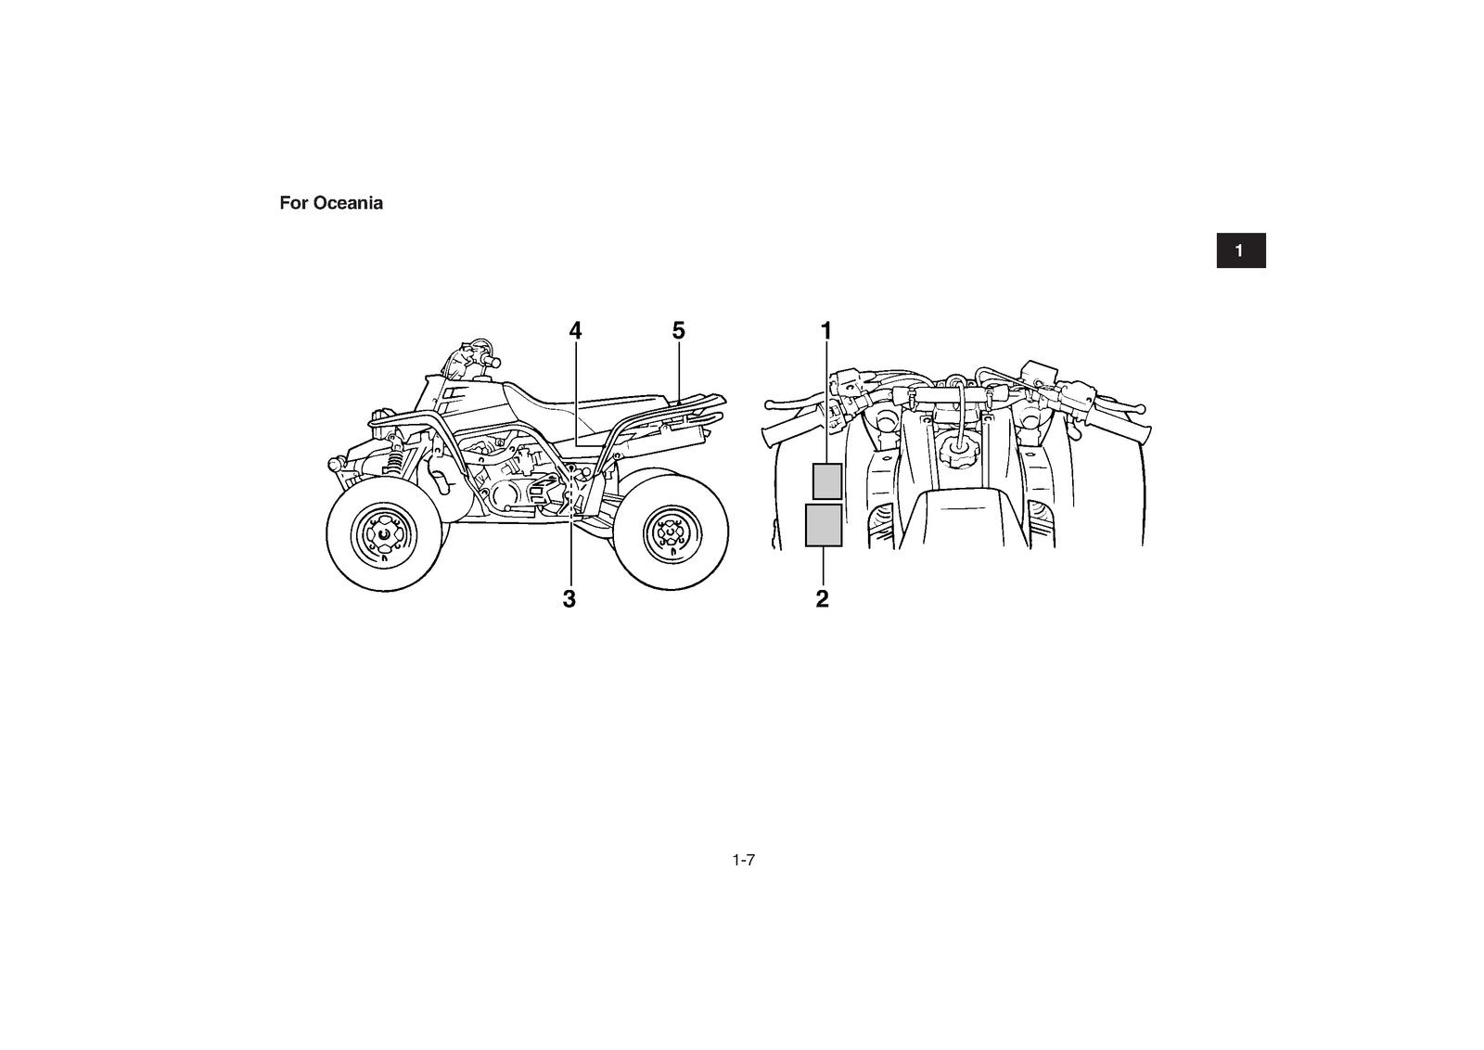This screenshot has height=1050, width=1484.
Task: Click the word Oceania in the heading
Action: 347,203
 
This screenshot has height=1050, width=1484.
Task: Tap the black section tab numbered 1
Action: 1241,250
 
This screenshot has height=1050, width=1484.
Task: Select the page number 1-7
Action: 743,860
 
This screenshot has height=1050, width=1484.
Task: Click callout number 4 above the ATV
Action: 575,330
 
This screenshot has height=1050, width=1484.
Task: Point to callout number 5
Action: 678,330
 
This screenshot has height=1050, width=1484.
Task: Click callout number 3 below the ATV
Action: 569,599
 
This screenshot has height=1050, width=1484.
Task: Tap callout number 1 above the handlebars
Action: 825,330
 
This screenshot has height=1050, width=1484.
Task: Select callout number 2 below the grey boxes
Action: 822,599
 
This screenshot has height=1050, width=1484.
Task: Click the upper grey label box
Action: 827,481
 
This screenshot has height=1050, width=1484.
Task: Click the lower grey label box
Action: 824,525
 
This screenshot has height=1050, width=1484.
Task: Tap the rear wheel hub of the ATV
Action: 672,531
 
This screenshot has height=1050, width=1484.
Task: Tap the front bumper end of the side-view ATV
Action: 336,463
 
